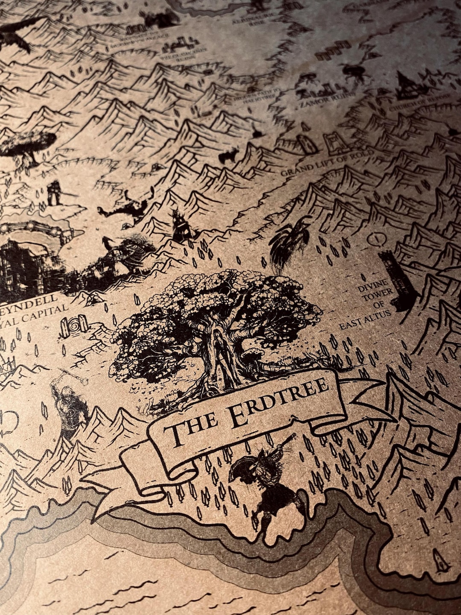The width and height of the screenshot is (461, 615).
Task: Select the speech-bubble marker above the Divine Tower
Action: (374, 238)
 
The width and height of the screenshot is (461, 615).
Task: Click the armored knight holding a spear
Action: (54, 192)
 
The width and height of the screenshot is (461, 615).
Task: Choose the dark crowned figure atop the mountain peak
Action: (181, 226)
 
